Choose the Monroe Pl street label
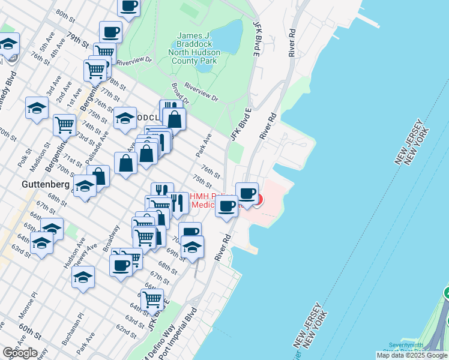[x=27, y=304]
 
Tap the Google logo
[x=19, y=352]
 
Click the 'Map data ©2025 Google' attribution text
[x=412, y=355]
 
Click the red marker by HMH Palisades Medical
[x=258, y=199]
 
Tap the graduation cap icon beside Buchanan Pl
[x=83, y=277]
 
